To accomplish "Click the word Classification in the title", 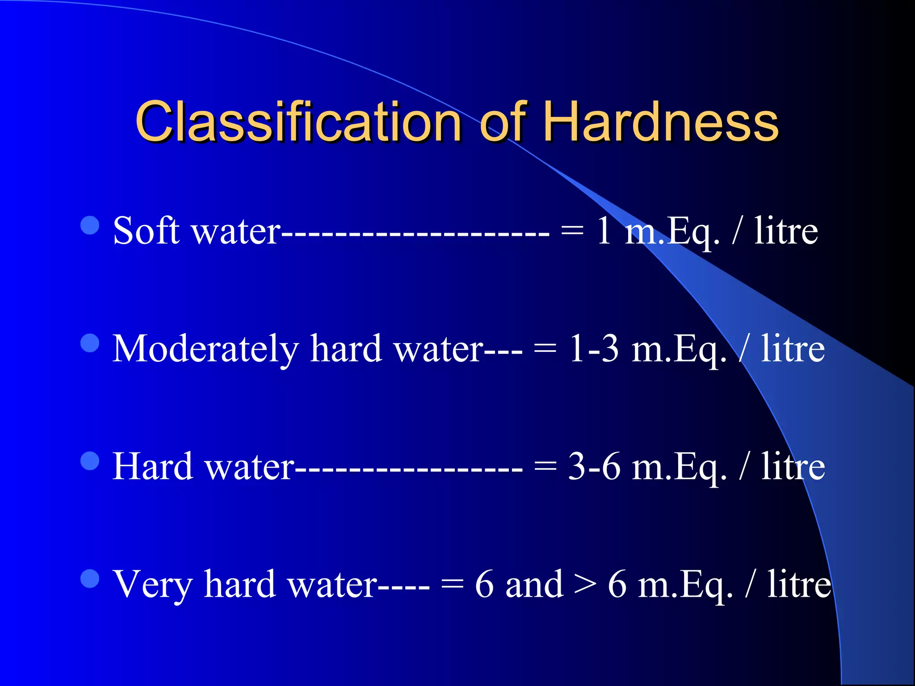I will [298, 121].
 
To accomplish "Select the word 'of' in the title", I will [503, 121].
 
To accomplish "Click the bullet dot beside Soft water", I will [90, 226].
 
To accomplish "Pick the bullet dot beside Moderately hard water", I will [90, 343].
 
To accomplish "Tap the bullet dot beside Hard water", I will [90, 461].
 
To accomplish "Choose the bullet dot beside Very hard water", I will [90, 579].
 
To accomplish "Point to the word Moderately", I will [206, 349].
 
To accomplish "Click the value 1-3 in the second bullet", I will [594, 349].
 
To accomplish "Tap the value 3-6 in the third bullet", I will [594, 467].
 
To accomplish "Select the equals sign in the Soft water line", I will [572, 231].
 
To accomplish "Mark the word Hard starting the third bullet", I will [152, 467].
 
